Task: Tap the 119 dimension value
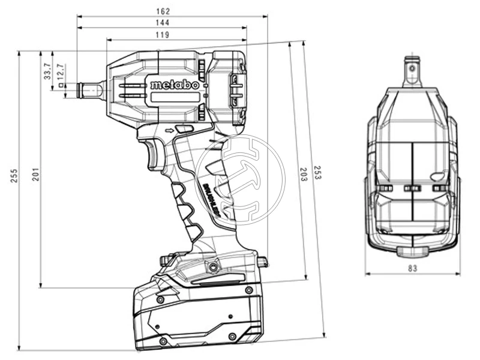(x=162, y=35)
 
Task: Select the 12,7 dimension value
(x=59, y=72)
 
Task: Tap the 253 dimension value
(x=316, y=174)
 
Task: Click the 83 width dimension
(x=412, y=268)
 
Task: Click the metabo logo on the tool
(x=174, y=85)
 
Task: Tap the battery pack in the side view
(x=198, y=315)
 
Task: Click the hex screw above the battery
(x=211, y=265)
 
